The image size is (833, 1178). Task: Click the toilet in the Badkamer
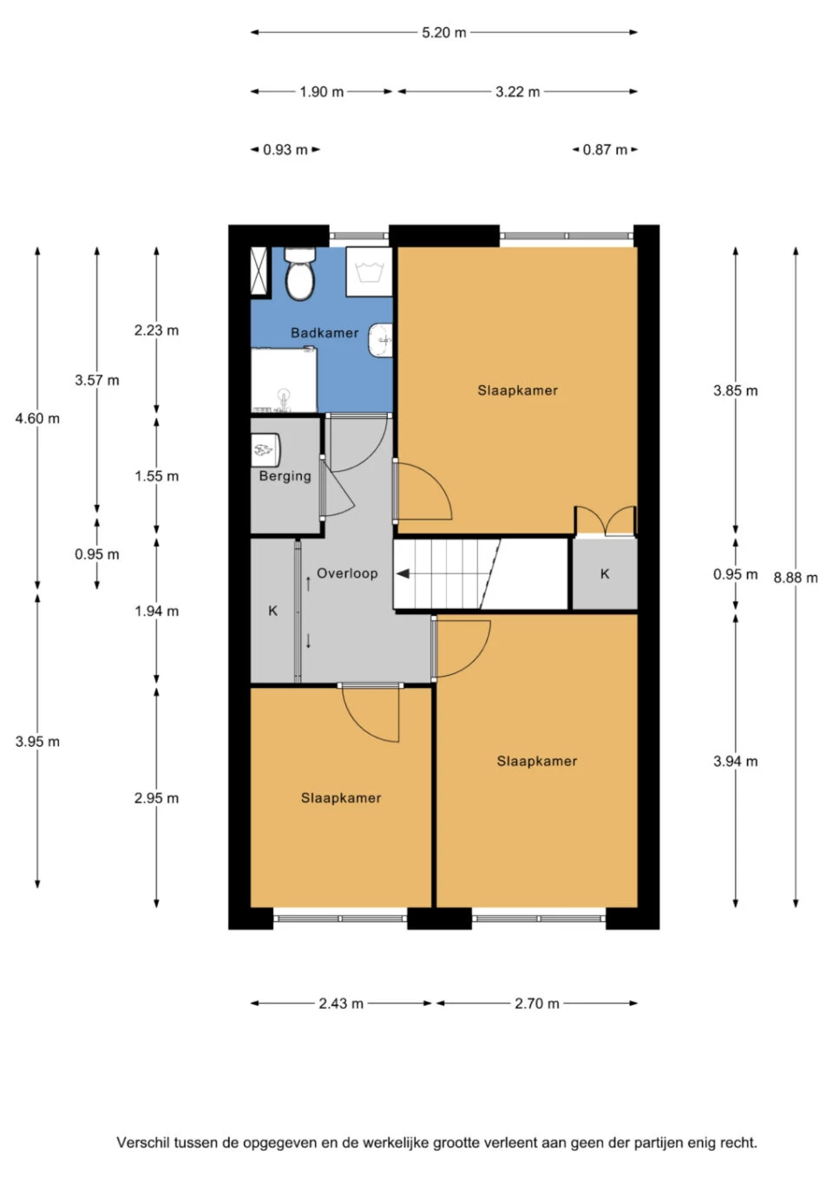coord(299,273)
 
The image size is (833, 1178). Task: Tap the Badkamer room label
coord(325,333)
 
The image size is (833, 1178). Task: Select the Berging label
coord(285,476)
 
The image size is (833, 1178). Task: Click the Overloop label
coord(347,573)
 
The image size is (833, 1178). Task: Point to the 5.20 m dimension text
coord(444,33)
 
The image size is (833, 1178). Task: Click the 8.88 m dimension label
coord(795,578)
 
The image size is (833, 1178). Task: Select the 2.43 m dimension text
coord(341,1004)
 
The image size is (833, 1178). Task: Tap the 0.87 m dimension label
coord(605,150)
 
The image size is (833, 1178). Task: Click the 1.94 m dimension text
coord(156,611)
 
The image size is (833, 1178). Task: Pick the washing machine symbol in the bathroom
coord(369,272)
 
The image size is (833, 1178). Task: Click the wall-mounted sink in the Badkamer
coord(381,340)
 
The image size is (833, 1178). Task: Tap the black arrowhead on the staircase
coord(403,573)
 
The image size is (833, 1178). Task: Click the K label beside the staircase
coord(605,573)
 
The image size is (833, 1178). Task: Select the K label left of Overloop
coord(272,611)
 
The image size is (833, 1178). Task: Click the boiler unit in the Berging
coord(266,449)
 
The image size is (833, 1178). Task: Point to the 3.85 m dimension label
coord(735,390)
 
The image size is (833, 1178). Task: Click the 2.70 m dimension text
coord(536,1004)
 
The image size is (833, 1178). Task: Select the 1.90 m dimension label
coord(321,92)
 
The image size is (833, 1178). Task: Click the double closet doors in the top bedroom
coord(606,521)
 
